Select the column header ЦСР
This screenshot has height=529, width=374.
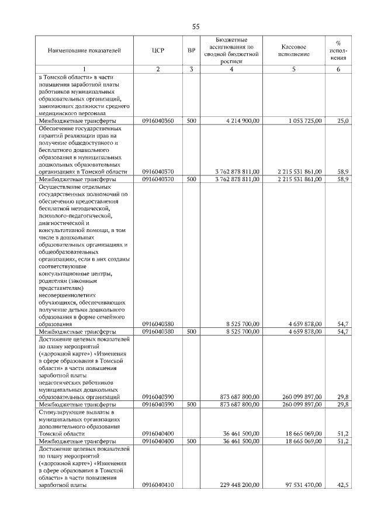coord(158,51)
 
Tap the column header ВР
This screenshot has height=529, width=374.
coord(191,51)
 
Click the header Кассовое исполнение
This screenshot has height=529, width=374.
coord(293,51)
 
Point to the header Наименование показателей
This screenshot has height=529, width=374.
coord(85,51)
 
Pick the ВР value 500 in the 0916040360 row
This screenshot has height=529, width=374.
coord(191,120)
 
